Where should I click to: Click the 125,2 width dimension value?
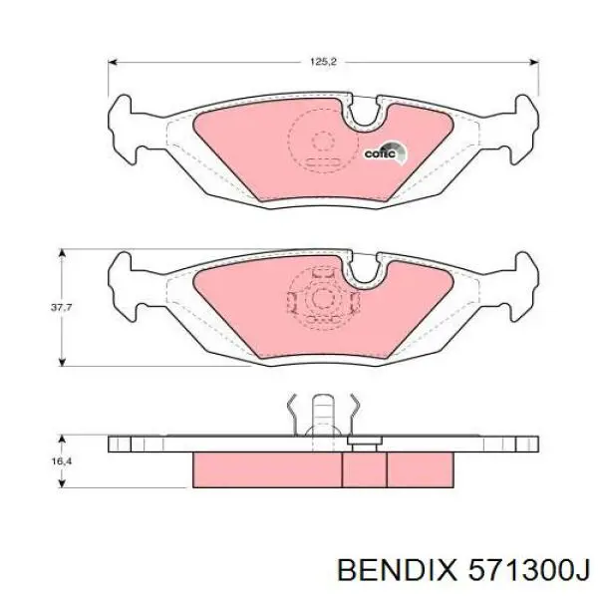pos(324,62)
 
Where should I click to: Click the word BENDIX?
pos(394,572)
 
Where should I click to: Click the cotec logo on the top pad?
pos(385,152)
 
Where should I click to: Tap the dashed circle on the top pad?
pos(321,142)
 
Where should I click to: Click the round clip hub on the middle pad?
pos(321,296)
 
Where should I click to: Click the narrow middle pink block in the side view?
pos(364,466)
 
